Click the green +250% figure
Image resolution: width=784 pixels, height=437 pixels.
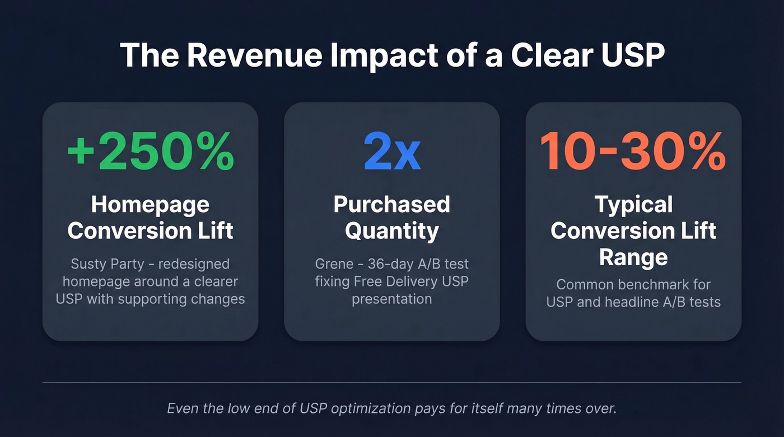(x=150, y=152)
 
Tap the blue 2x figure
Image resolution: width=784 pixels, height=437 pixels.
(x=391, y=152)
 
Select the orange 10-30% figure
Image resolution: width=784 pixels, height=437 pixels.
(x=633, y=152)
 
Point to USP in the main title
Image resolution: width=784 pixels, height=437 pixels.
(x=628, y=55)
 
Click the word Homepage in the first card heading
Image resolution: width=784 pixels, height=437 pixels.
(x=150, y=205)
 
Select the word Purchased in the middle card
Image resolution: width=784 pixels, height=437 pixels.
(x=391, y=205)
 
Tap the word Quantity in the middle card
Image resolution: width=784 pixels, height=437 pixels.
(x=391, y=231)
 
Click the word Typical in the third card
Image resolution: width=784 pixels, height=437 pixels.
(x=633, y=205)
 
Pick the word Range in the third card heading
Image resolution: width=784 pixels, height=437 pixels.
(x=633, y=257)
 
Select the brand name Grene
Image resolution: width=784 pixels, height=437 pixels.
(x=334, y=264)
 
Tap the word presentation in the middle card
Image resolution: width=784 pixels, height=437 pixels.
(x=391, y=299)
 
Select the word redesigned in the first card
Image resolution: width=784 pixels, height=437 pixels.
(x=194, y=264)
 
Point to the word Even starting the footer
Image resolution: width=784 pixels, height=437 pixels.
(x=183, y=408)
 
